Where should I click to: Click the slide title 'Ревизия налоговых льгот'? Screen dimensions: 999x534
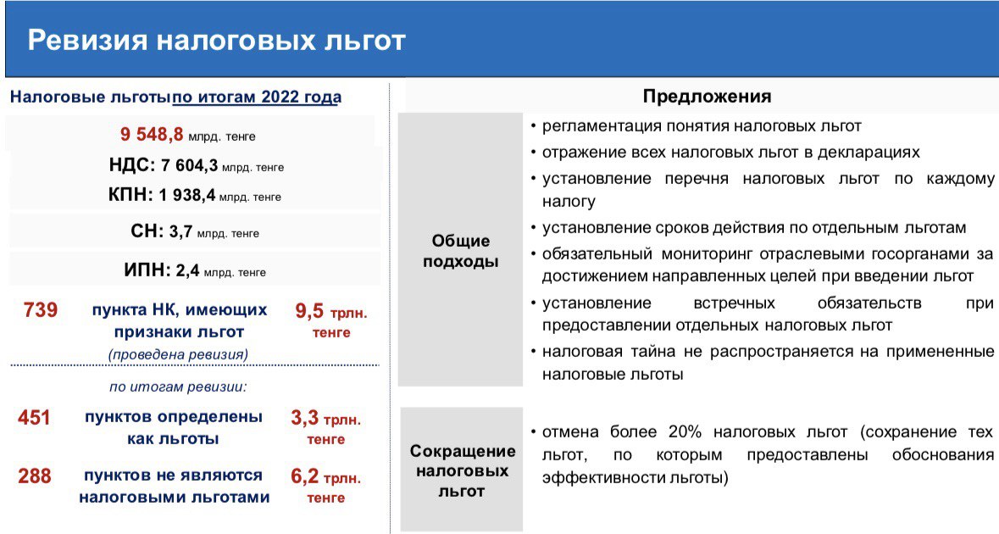pyautogui.click(x=217, y=40)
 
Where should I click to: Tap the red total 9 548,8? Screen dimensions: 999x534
pyautogui.click(x=152, y=135)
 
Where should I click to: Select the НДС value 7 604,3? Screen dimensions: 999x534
pyautogui.click(x=189, y=165)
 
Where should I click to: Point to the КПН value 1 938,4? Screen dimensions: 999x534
pyautogui.click(x=186, y=195)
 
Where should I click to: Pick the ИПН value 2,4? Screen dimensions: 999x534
pyautogui.click(x=187, y=270)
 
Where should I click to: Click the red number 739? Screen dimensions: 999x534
pyautogui.click(x=41, y=310)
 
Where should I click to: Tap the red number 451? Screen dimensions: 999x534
pyautogui.click(x=34, y=417)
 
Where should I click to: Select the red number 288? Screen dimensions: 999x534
pyautogui.click(x=35, y=476)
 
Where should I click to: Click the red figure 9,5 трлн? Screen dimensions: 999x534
pyautogui.click(x=331, y=312)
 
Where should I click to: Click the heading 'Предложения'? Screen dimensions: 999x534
pyautogui.click(x=708, y=97)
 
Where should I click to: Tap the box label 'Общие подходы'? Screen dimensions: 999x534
pyautogui.click(x=461, y=251)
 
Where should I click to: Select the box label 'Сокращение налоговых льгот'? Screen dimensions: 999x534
pyautogui.click(x=462, y=471)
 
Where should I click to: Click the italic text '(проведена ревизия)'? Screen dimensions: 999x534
pyautogui.click(x=179, y=354)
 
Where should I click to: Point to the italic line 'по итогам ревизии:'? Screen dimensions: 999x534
pyautogui.click(x=178, y=387)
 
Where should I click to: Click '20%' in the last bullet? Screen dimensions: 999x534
pyautogui.click(x=685, y=432)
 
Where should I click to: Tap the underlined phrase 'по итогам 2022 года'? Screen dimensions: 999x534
pyautogui.click(x=258, y=97)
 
